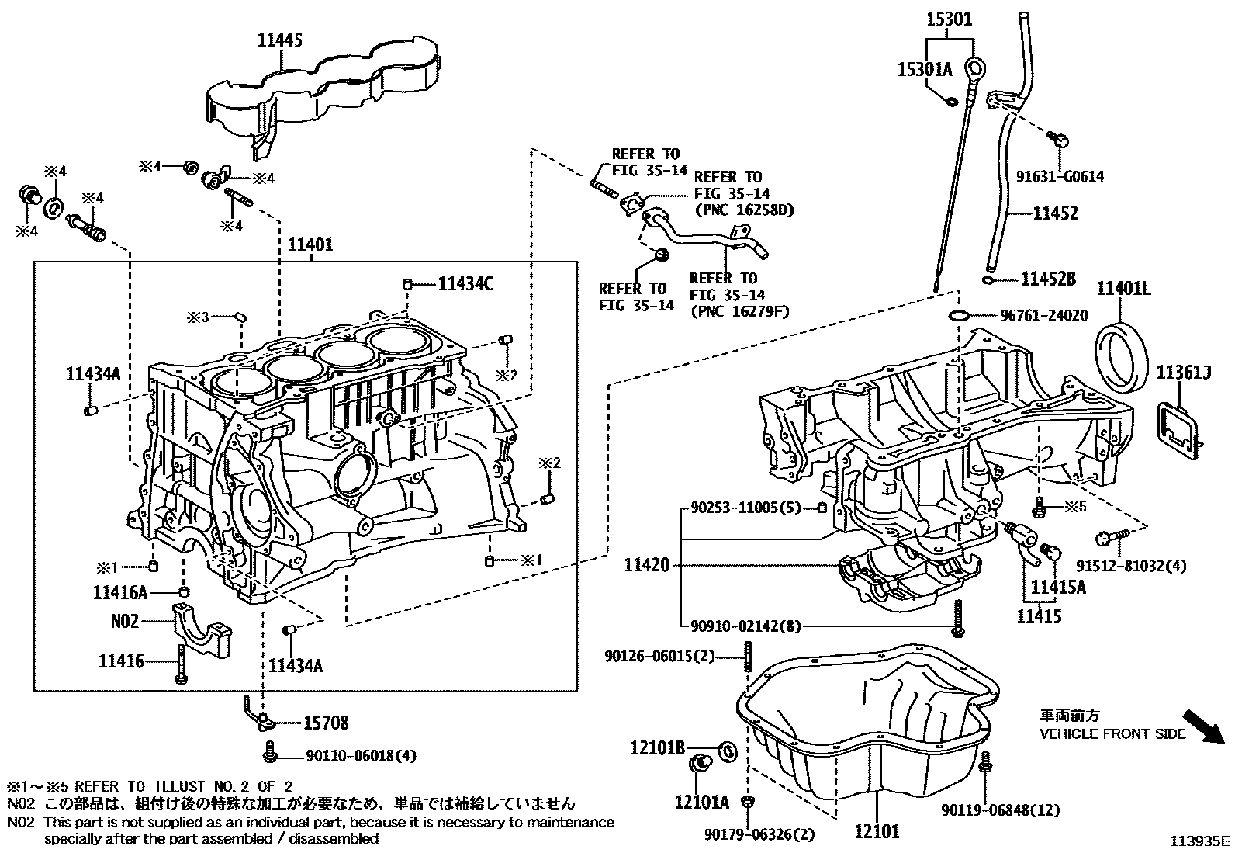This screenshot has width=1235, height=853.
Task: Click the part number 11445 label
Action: pyautogui.click(x=280, y=40)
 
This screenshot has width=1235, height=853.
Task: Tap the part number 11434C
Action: pyautogui.click(x=465, y=284)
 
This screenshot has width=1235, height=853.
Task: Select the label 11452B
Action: pyautogui.click(x=1048, y=279)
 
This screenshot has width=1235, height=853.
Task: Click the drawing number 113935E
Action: pyautogui.click(x=1201, y=841)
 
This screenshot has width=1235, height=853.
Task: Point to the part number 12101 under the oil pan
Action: pyautogui.click(x=877, y=832)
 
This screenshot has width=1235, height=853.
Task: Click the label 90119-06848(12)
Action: pyautogui.click(x=1001, y=810)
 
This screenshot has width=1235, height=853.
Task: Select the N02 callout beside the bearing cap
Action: pyautogui.click(x=124, y=621)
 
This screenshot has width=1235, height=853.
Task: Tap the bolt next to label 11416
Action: pyautogui.click(x=181, y=664)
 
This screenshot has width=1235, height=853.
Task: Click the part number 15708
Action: pyautogui.click(x=325, y=723)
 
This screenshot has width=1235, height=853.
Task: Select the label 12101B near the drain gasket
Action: pyautogui.click(x=657, y=747)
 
